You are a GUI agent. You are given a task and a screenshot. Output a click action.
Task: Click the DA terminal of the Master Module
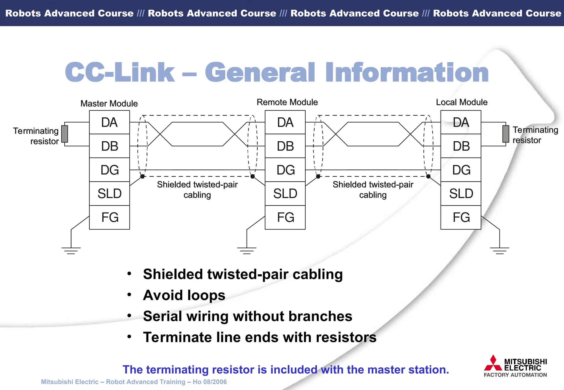(x=109, y=122)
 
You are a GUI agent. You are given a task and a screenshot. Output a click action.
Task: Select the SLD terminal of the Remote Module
(x=285, y=193)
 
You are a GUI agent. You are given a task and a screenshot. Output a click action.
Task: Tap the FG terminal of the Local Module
(x=461, y=217)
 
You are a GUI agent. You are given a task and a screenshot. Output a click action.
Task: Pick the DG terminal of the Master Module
(x=109, y=170)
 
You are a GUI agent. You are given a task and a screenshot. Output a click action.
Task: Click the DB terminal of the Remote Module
(x=285, y=146)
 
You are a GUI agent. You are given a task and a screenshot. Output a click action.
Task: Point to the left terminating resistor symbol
(x=65, y=134)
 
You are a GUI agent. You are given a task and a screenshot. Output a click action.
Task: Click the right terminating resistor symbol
(x=506, y=134)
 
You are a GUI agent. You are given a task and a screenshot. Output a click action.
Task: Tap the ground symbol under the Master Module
(x=71, y=250)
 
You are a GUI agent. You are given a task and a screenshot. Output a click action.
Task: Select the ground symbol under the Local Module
(x=500, y=250)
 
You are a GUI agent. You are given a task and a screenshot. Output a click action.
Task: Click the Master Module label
(x=109, y=103)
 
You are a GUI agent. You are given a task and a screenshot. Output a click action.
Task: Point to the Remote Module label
(x=287, y=102)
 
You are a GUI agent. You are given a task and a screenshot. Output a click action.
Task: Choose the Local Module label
(x=462, y=102)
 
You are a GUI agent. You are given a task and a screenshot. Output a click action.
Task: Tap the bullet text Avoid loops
(x=184, y=295)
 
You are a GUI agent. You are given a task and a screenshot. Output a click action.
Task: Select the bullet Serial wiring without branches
(x=247, y=316)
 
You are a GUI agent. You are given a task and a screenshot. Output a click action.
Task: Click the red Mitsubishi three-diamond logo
(x=493, y=363)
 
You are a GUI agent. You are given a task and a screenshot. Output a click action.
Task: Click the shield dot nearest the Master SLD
(x=142, y=176)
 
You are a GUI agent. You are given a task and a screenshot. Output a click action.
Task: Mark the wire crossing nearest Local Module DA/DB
(x=410, y=134)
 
